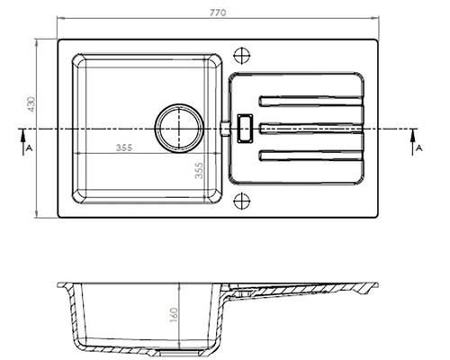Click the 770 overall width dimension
point(218,13)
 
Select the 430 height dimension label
point(31,104)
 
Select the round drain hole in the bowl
point(177,127)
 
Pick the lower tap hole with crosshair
point(241,202)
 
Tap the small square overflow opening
point(243,127)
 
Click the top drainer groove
point(311,101)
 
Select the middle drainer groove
point(311,128)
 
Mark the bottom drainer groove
point(311,156)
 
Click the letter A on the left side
point(29,145)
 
